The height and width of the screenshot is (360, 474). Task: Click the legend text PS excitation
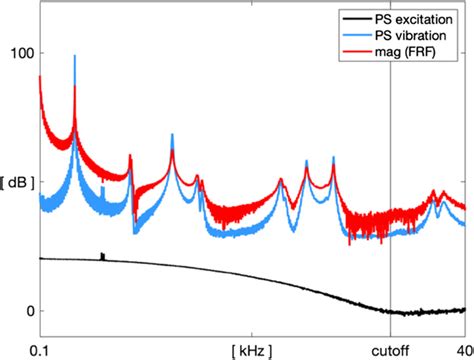coord(414,19)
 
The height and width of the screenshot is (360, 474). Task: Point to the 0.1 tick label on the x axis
coord(41,351)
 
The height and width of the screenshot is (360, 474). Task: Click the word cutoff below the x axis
coord(390,351)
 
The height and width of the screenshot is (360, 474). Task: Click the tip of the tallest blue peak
coord(75,57)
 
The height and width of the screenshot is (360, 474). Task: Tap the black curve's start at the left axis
coord(41,258)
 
